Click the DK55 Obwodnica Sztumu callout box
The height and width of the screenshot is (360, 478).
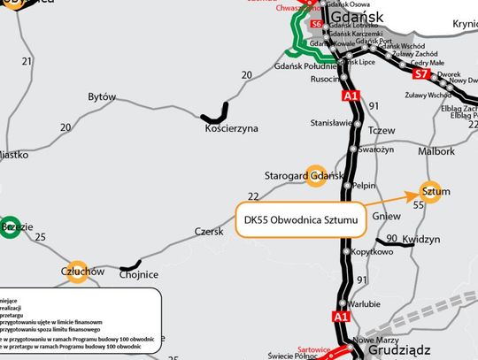click(x=301, y=218)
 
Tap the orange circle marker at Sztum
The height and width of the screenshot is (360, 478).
click(x=428, y=192)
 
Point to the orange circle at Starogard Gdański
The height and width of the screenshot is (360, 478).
click(x=315, y=175)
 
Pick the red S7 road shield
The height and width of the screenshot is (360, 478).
click(x=420, y=75)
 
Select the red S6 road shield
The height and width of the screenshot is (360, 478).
click(x=317, y=23)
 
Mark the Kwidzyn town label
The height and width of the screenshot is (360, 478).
click(x=420, y=240)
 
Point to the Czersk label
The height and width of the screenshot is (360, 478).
click(x=210, y=232)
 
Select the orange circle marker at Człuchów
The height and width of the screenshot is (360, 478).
click(x=78, y=272)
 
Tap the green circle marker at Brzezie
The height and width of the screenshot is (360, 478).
click(x=11, y=226)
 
